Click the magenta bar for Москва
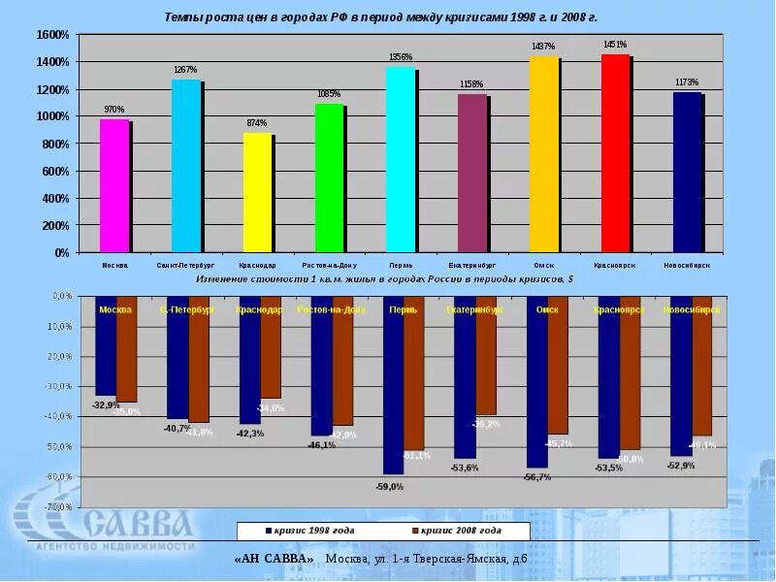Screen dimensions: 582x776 click(x=114, y=185)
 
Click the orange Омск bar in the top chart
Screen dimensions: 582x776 click(x=543, y=154)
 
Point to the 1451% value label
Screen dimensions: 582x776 click(x=615, y=45)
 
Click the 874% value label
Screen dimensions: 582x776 click(x=257, y=123)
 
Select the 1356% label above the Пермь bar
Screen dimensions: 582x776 click(x=401, y=57)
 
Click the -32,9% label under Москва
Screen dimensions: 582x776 click(x=105, y=404)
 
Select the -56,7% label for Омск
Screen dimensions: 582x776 click(x=536, y=477)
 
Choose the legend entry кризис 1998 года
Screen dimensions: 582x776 click(x=310, y=532)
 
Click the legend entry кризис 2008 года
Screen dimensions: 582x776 click(x=456, y=532)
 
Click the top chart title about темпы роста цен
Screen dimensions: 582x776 click(x=380, y=17)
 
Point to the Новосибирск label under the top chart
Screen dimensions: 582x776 click(x=687, y=265)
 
